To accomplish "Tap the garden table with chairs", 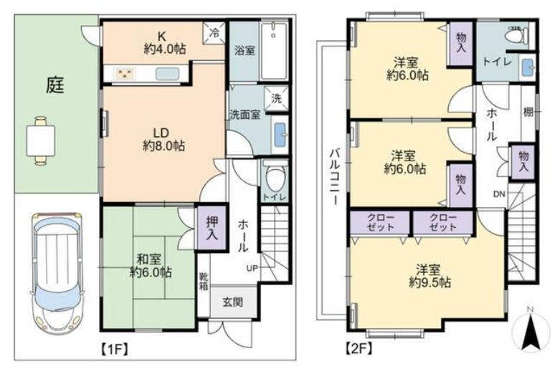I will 40,139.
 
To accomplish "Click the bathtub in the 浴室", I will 274,51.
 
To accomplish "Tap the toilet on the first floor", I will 275,176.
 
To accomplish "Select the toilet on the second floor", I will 516,35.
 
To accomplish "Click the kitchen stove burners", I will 125,73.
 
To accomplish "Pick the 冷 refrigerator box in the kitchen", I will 214,32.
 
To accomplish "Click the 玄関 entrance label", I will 232,302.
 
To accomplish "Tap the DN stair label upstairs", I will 498,193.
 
